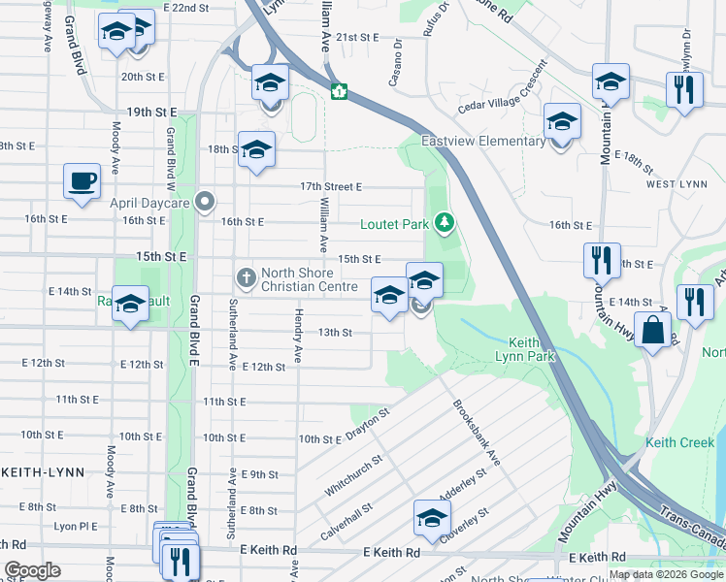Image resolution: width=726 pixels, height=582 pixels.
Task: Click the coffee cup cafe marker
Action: coord(82,180)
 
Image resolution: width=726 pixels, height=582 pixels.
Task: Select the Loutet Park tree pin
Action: coord(445,224)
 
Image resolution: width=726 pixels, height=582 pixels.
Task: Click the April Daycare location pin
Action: coord(204,203)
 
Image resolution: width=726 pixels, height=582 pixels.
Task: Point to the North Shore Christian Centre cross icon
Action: coord(247,278)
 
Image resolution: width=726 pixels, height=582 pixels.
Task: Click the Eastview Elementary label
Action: coord(483,142)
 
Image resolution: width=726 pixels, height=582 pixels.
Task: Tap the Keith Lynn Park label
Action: coord(532,349)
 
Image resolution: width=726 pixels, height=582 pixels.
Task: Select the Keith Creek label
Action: coord(679,443)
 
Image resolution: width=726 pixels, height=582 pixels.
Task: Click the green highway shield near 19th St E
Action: coord(340,92)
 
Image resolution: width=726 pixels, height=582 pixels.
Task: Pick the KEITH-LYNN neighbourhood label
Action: coord(43,471)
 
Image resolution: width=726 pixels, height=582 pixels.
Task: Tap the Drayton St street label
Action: coord(369,423)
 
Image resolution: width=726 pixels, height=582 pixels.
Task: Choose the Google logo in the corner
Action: coord(32,570)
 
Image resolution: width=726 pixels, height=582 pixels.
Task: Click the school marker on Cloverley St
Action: coord(432,518)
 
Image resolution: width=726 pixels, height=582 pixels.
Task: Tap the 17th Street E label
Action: coord(330,186)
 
